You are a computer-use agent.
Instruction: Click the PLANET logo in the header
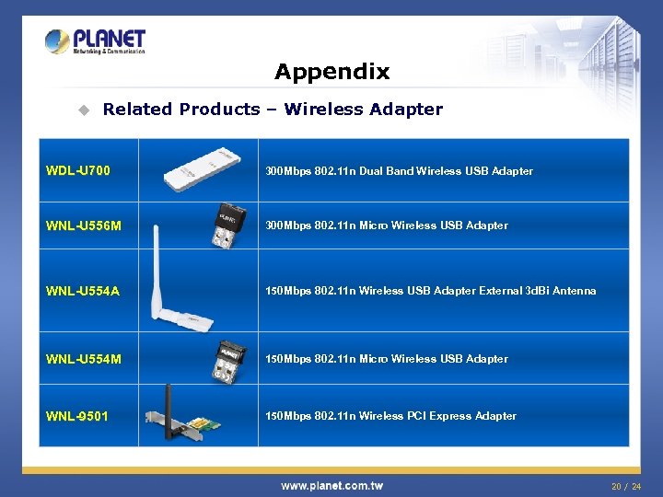(95, 41)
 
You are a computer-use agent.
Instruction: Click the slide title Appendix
(331, 72)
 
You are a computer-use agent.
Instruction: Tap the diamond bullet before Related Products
(83, 110)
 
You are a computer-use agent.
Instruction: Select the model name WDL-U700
(78, 170)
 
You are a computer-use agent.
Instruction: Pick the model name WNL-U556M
(84, 225)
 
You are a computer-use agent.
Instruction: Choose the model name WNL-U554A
(83, 291)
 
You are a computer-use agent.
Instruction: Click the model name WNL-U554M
(84, 359)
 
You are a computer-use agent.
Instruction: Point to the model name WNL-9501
(77, 416)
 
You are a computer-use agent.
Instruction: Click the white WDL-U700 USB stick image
(197, 171)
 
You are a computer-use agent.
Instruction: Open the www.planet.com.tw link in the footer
(331, 485)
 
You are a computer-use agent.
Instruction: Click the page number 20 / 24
(626, 485)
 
